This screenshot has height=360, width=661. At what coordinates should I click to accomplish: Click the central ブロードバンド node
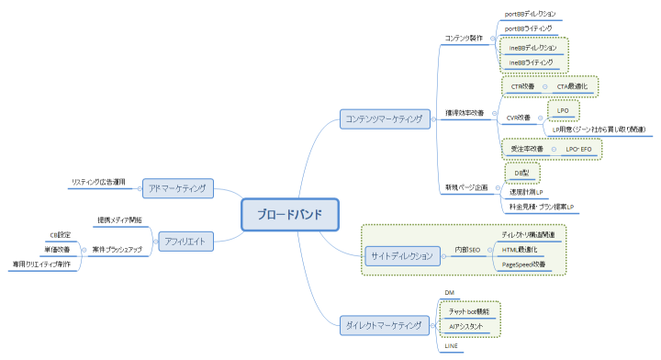pyautogui.click(x=289, y=214)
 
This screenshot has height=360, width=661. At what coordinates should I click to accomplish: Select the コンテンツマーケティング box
pyautogui.click(x=384, y=119)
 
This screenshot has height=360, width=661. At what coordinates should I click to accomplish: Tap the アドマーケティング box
pyautogui.click(x=179, y=188)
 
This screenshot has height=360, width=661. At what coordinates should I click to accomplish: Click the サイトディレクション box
pyautogui.click(x=399, y=254)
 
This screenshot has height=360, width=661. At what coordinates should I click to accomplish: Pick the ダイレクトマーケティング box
pyautogui.click(x=384, y=325)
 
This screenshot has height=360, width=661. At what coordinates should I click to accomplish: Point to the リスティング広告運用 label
pyautogui.click(x=104, y=182)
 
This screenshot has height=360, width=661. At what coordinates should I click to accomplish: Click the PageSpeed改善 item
pyautogui.click(x=523, y=264)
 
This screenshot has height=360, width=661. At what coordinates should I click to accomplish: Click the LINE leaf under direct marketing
pyautogui.click(x=451, y=345)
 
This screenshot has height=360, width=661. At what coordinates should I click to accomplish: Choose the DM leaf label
pyautogui.click(x=450, y=293)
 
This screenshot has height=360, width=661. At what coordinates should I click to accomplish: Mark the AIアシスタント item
pyautogui.click(x=465, y=326)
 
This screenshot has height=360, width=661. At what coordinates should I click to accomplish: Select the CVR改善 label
pyautogui.click(x=519, y=118)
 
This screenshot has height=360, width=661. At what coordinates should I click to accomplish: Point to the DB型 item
pyautogui.click(x=523, y=172)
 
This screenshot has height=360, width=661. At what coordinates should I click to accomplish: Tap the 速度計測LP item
pyautogui.click(x=528, y=192)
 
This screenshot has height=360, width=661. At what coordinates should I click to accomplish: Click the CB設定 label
pyautogui.click(x=60, y=234)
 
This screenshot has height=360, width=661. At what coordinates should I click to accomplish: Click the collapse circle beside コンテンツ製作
pyautogui.click(x=493, y=39)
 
